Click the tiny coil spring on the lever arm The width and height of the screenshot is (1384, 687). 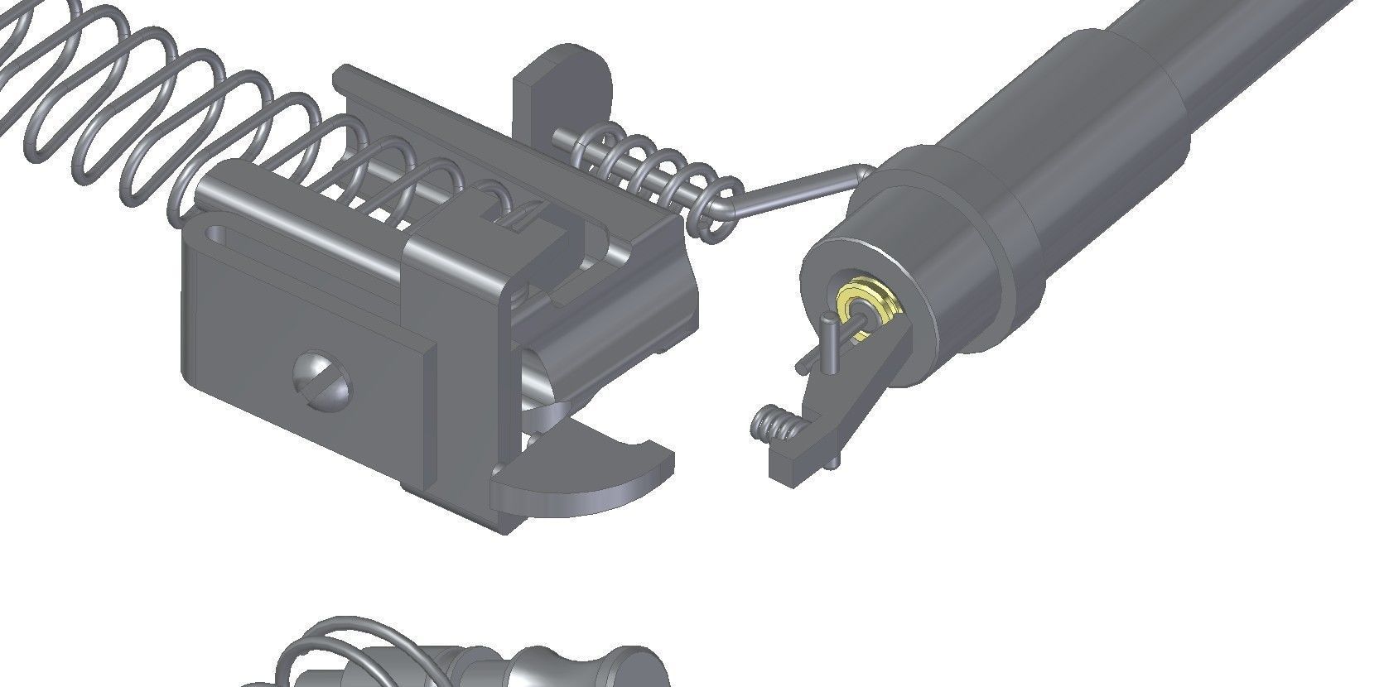[x=777, y=425]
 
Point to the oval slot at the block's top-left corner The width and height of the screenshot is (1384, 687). [x=219, y=234]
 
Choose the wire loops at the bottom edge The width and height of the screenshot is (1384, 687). [x=331, y=654]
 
